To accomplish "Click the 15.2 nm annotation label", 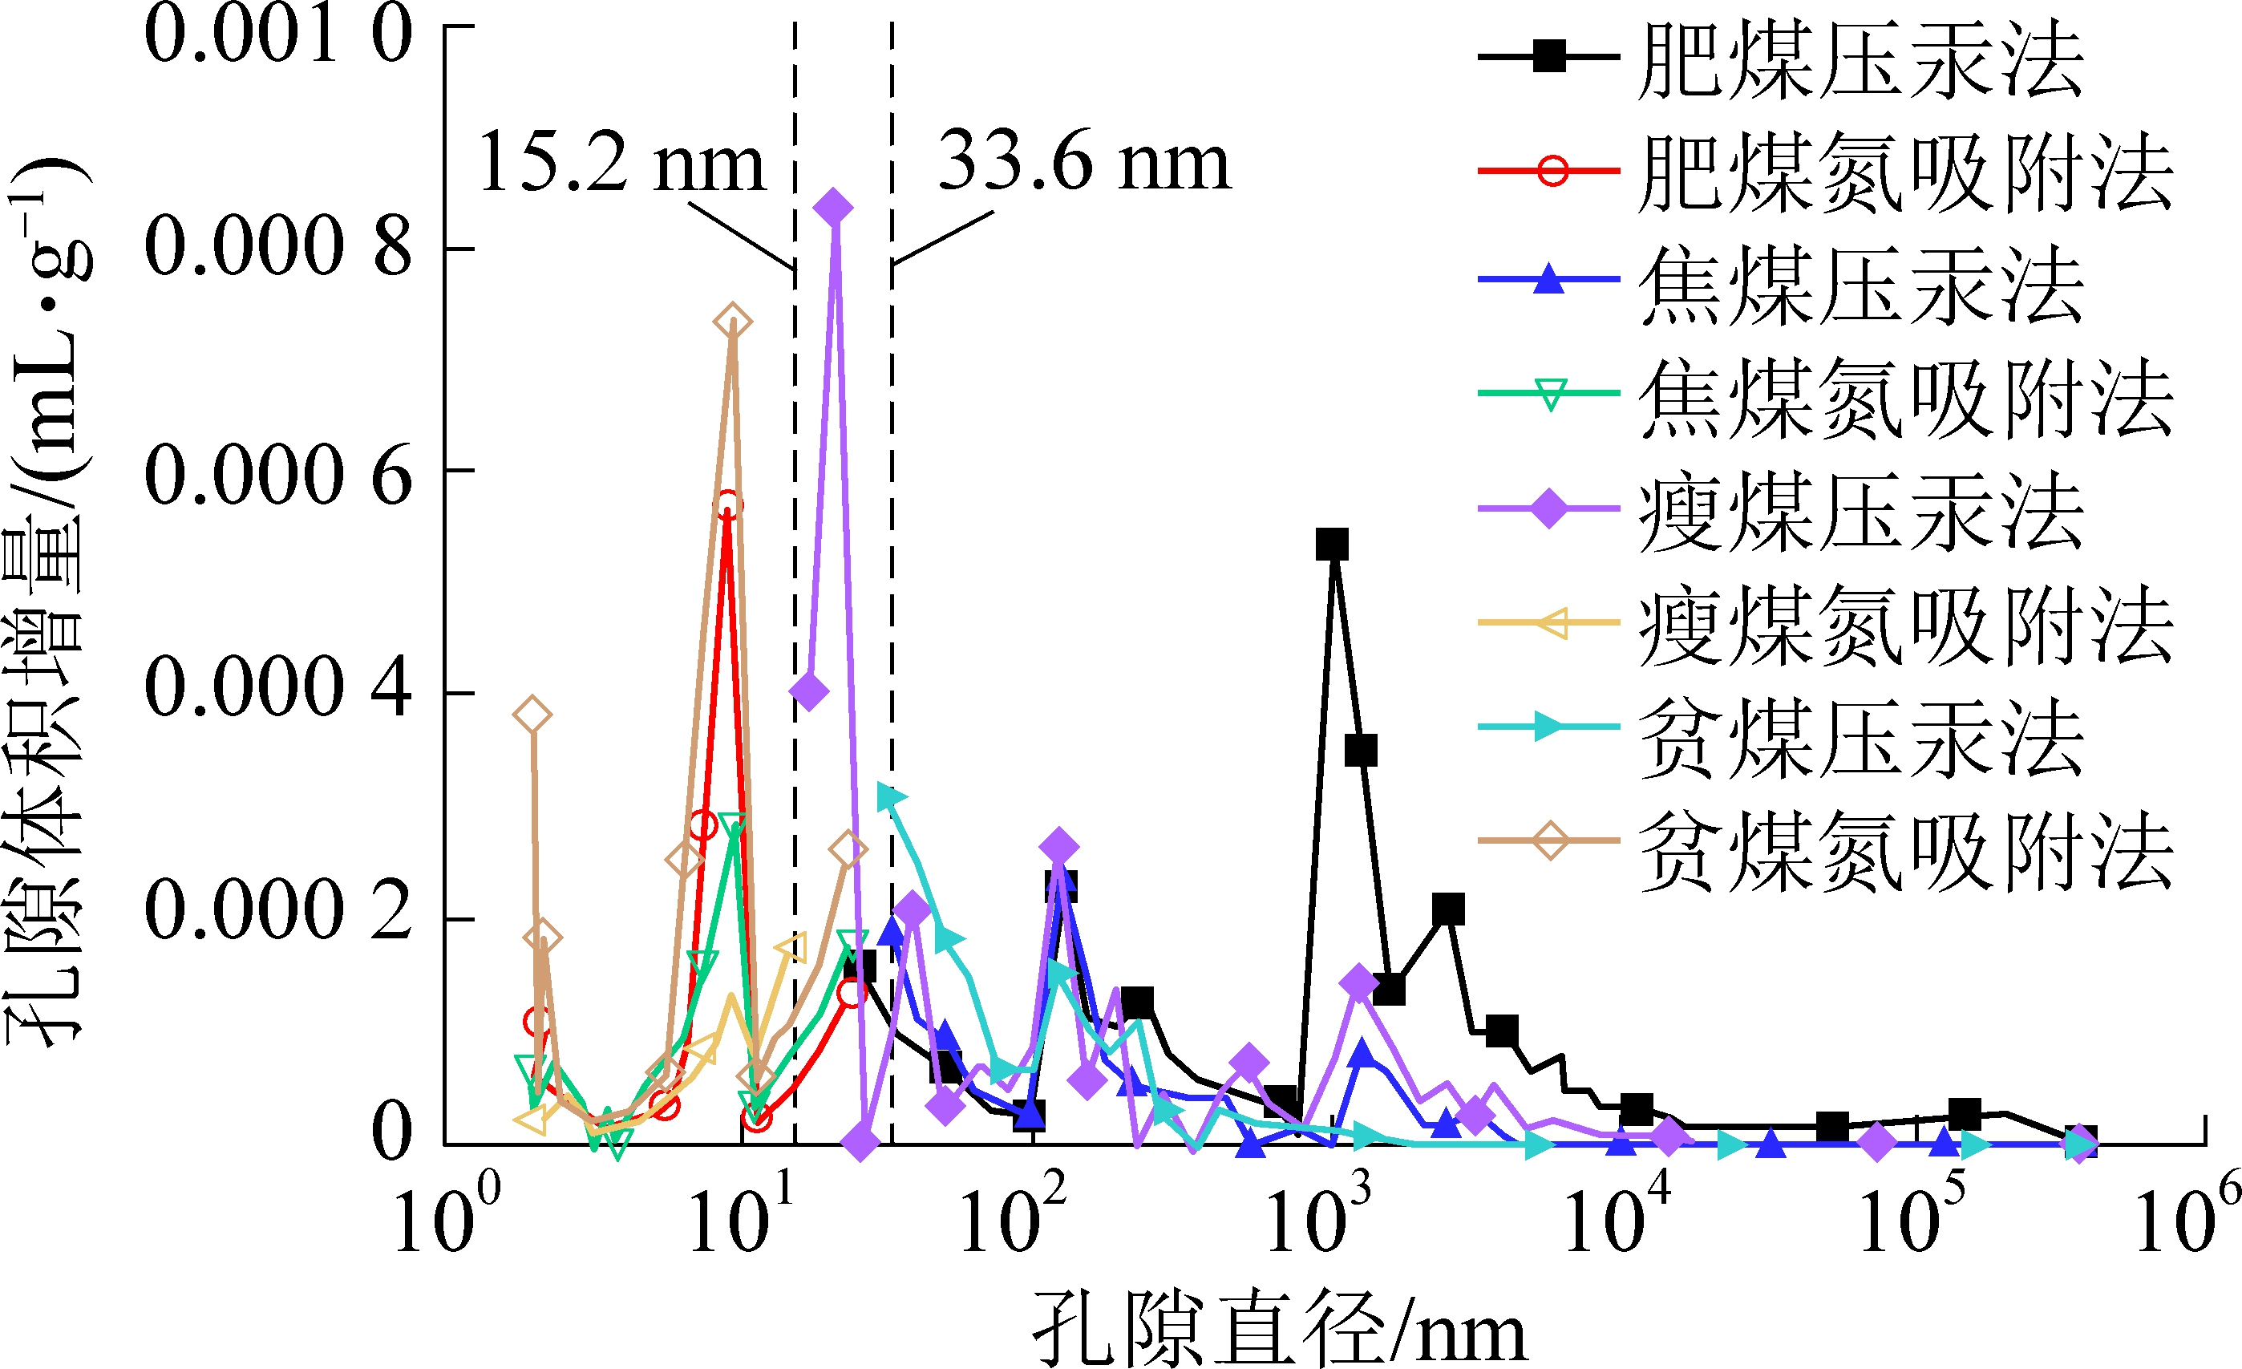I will [622, 164].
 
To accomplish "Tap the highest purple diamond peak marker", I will [833, 208].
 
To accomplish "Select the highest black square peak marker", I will [1332, 545].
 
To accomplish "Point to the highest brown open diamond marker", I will [732, 322].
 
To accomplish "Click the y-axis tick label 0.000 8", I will [278, 248].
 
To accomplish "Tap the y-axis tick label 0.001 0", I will [278, 34].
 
